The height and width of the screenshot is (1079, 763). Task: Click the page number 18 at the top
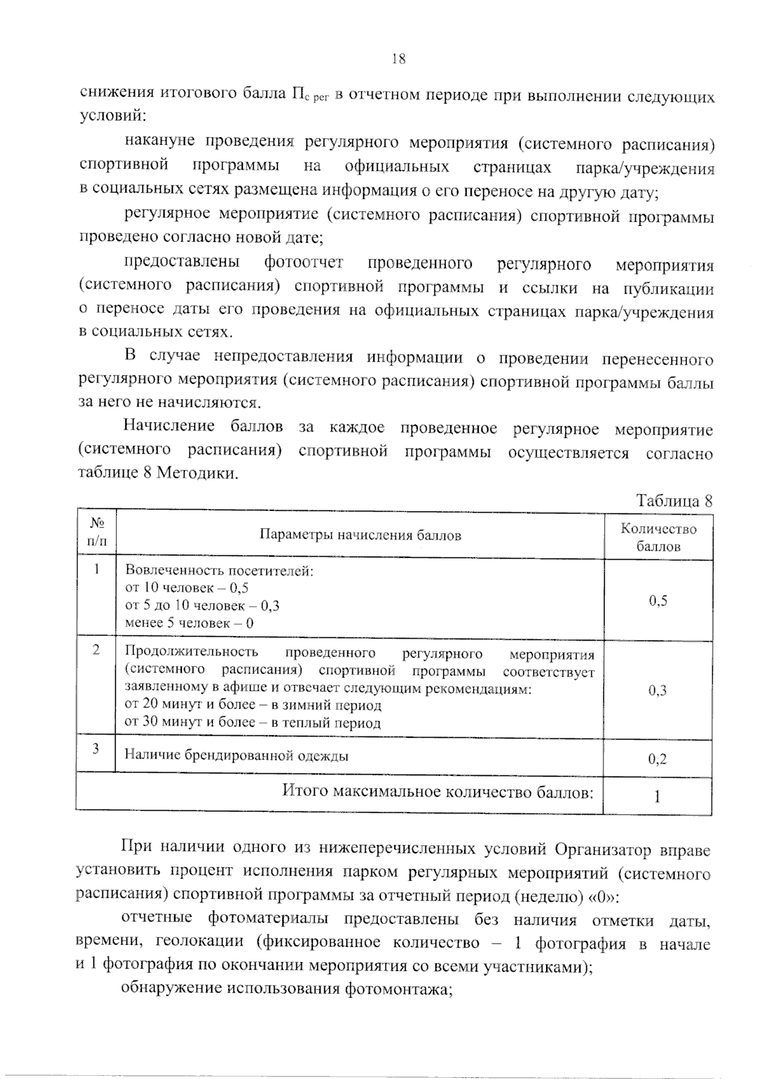coord(399,60)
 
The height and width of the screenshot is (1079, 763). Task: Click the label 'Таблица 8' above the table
coord(674,501)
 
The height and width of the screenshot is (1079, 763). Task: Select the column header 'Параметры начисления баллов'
coord(360,535)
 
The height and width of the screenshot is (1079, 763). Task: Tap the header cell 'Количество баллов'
coord(658,538)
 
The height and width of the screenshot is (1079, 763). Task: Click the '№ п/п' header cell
coord(97,533)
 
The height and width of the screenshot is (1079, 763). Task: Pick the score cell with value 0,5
coord(658,601)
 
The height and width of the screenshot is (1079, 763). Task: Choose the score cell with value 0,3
coord(657,691)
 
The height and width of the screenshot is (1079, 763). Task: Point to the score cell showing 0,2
coord(657,759)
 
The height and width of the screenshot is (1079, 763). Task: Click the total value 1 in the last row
coord(657,796)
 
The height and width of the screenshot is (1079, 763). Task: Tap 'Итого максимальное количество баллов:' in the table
coord(438,792)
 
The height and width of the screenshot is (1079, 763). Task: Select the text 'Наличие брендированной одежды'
coord(236,756)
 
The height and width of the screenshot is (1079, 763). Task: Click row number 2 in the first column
coord(96,651)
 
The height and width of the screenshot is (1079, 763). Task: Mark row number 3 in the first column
coord(96,749)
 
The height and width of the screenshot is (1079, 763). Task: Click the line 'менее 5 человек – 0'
coord(189,623)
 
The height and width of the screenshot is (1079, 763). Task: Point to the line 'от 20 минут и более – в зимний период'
coord(252,705)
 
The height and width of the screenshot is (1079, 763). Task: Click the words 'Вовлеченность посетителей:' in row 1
coord(219,571)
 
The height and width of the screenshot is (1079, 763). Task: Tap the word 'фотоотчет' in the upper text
coord(304,262)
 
